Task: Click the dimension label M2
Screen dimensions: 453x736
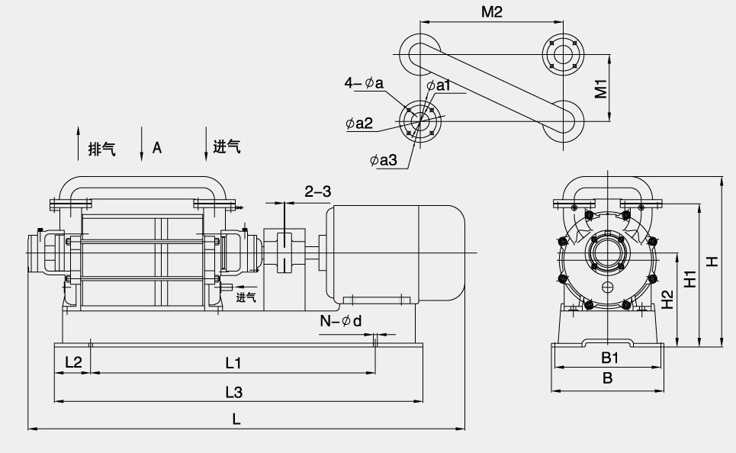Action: (x=492, y=13)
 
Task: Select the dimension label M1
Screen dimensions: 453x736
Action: (x=601, y=88)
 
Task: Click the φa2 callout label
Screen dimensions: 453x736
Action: (x=358, y=124)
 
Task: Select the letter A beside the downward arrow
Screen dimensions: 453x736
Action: (x=157, y=147)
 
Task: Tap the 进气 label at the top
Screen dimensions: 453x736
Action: (x=227, y=147)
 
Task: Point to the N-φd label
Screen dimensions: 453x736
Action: (x=341, y=321)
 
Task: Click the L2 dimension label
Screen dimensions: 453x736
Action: (x=73, y=362)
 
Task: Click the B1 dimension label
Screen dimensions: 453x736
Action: (x=609, y=357)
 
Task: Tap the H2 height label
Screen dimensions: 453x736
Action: (x=667, y=300)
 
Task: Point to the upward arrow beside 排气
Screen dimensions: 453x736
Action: (x=79, y=143)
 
